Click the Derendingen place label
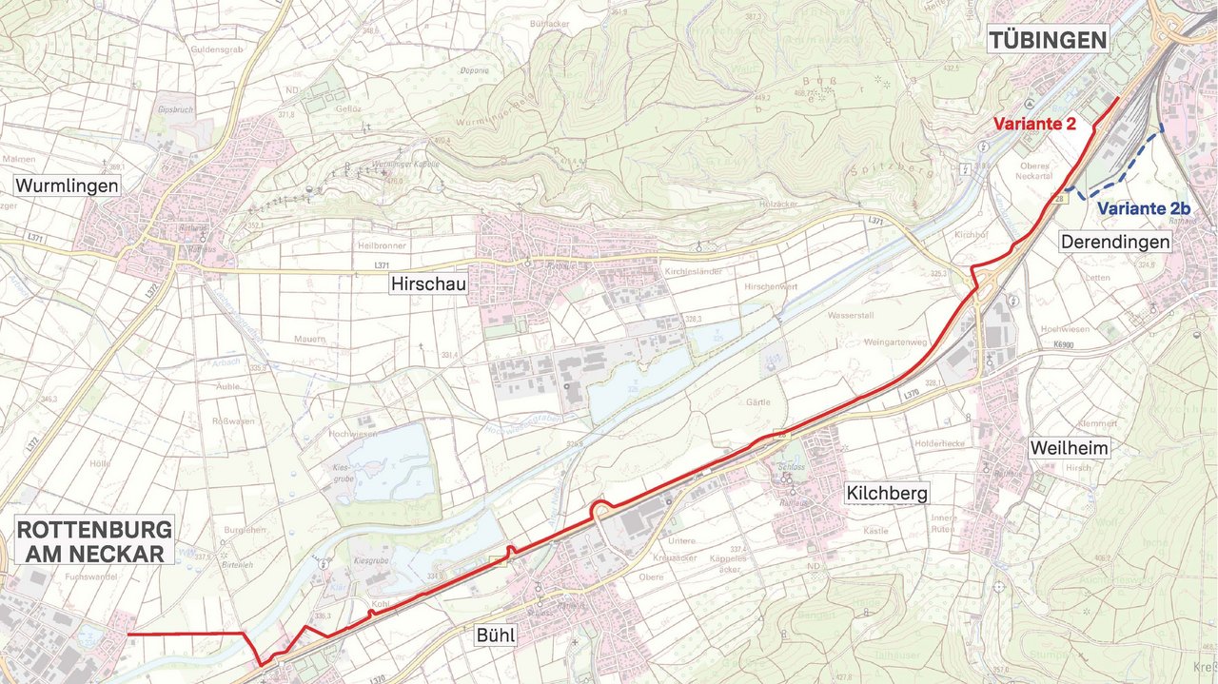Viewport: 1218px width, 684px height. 1115,243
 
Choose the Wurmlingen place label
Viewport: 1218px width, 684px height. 67,186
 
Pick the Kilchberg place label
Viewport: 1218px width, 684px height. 886,493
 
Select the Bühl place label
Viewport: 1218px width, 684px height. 496,635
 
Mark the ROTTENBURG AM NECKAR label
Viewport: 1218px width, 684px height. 93,540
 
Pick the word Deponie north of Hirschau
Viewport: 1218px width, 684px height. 473,70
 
